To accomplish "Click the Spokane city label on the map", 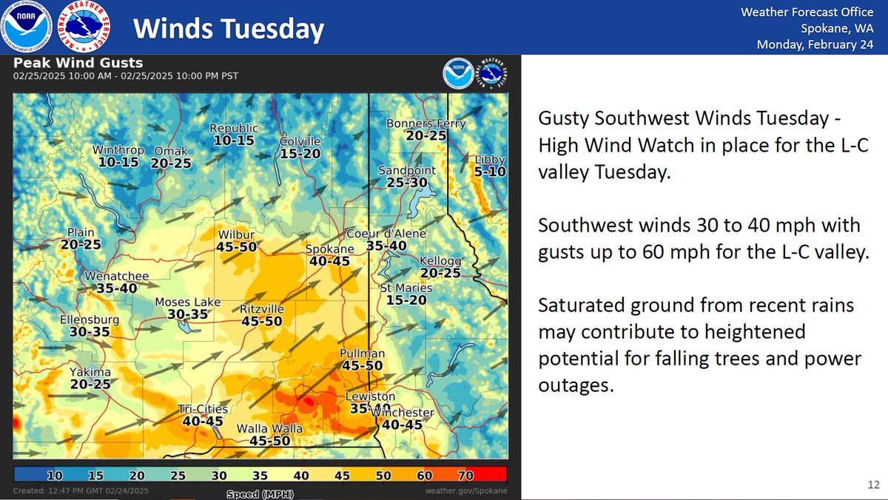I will [330, 249].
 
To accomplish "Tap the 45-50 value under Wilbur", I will [237, 247].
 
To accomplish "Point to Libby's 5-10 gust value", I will [491, 172].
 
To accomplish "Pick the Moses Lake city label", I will [182, 302].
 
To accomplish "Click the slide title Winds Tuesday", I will [229, 29].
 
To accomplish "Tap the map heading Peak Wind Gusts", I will [78, 63].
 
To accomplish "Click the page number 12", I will [873, 485].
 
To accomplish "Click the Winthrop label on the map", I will [118, 150].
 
